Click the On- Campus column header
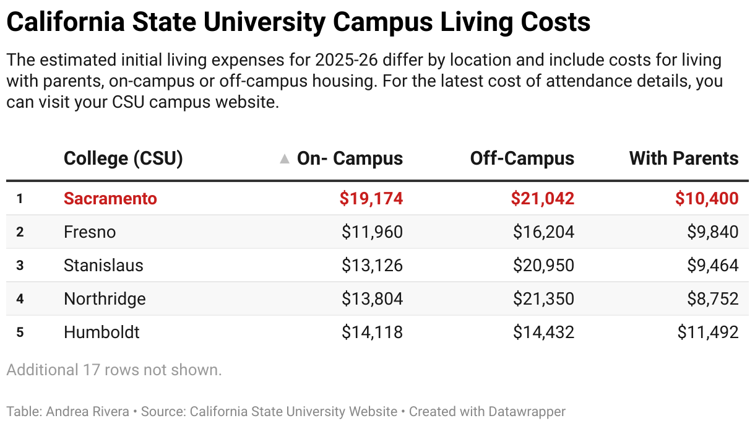[x=350, y=159]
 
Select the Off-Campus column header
[x=522, y=159]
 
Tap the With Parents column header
[x=683, y=159]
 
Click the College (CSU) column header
[x=123, y=159]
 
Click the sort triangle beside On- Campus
[x=285, y=159]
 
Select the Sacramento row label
[x=110, y=199]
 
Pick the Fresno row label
[x=90, y=232]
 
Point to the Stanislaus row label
[x=103, y=266]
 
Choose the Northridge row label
[x=105, y=299]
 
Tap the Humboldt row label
[x=101, y=333]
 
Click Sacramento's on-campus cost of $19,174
[x=371, y=199]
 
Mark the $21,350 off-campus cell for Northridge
[x=543, y=299]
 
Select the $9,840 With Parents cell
[x=712, y=232]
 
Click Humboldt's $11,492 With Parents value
[x=708, y=333]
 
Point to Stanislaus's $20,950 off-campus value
[x=543, y=266]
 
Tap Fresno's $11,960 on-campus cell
[x=372, y=232]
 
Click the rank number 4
[x=20, y=299]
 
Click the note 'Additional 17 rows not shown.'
[x=114, y=370]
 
